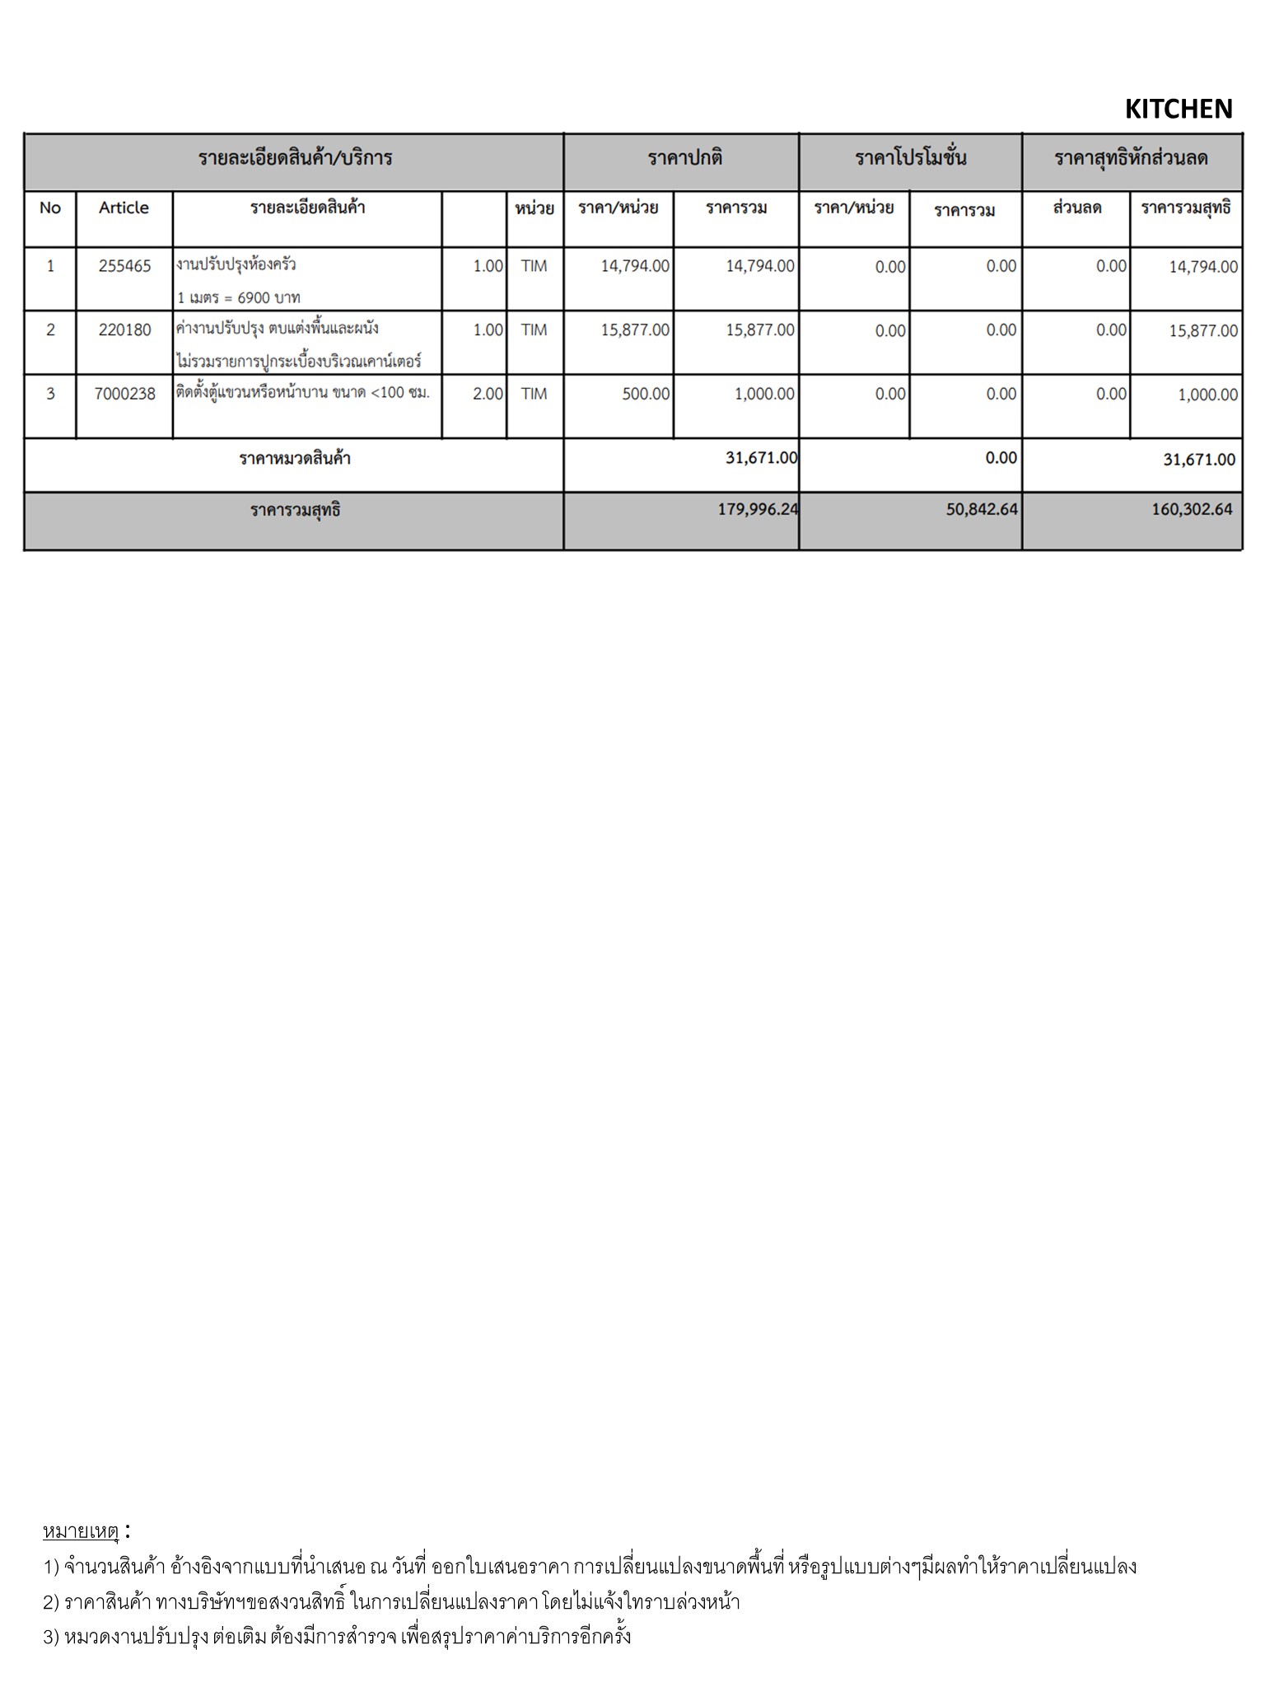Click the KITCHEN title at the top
point(1178,109)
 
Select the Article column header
point(124,208)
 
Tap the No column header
point(49,208)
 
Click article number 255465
point(124,266)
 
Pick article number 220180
point(124,329)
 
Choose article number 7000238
point(124,394)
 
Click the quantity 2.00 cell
point(488,394)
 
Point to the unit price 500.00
point(646,394)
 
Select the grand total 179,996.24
point(758,509)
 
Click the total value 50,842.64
point(982,509)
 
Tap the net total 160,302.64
point(1192,509)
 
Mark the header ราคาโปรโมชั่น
point(910,158)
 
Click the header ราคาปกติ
point(684,158)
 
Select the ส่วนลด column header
point(1077,208)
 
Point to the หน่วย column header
point(534,208)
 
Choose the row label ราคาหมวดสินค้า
point(295,458)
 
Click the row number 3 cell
point(50,394)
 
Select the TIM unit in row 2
point(534,329)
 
